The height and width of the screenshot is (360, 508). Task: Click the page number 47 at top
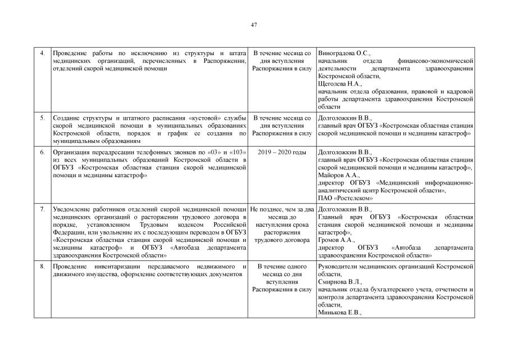[x=254, y=24]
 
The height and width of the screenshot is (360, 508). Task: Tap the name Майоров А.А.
[x=336, y=175]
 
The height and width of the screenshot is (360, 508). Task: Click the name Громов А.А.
[x=335, y=240]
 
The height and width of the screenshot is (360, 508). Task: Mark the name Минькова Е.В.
[x=339, y=312]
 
